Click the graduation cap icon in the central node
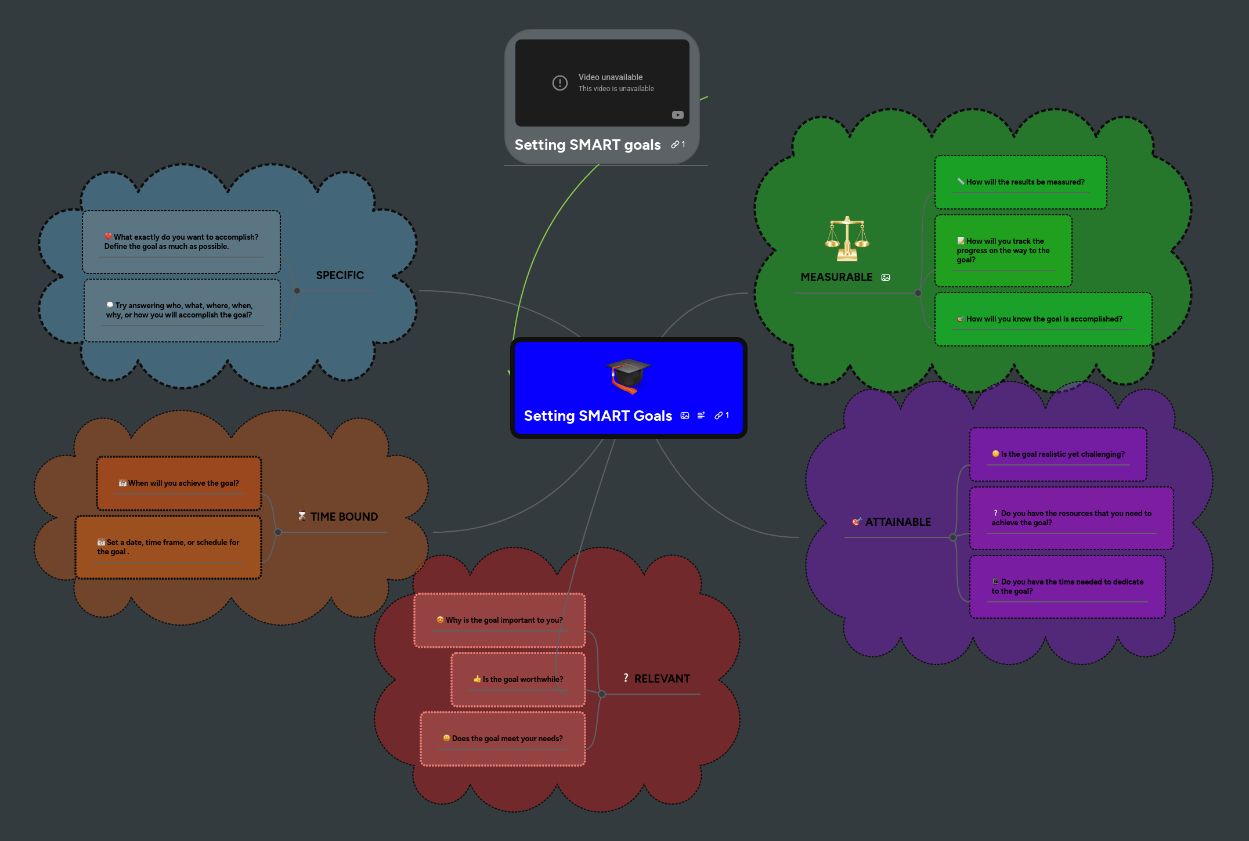pos(628,375)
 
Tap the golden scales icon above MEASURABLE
pos(847,239)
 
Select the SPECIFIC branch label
pos(340,275)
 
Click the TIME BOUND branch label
pos(344,517)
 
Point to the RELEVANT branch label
pos(662,678)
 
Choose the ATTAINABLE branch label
pos(898,522)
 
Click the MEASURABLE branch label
pos(836,277)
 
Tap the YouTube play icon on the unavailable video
pos(677,115)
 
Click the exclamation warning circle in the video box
pos(559,83)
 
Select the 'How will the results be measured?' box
pos(1020,182)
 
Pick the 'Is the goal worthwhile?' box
pos(518,679)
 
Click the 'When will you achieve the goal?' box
pos(179,483)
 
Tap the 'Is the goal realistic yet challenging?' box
pos(1058,454)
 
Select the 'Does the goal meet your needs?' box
pos(503,738)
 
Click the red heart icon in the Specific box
pos(109,236)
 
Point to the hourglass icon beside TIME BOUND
pos(302,516)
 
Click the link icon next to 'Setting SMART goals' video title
pos(675,145)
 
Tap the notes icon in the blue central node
pos(701,416)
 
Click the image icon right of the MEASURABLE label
pos(886,277)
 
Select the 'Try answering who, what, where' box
pos(182,311)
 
